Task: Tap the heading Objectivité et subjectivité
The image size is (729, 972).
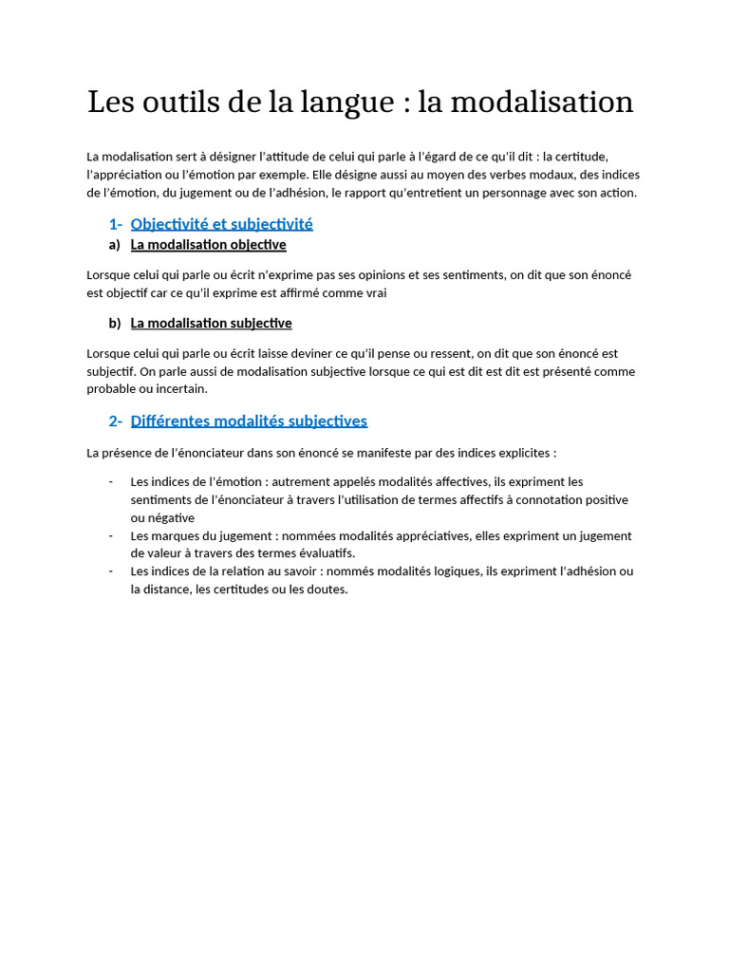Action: [x=221, y=224]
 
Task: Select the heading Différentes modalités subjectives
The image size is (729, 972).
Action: [x=249, y=421]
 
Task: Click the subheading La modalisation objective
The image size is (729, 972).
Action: [x=208, y=245]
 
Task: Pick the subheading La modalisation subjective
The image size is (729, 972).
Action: [x=211, y=323]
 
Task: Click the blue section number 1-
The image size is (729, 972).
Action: [x=115, y=224]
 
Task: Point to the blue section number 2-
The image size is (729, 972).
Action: [x=115, y=421]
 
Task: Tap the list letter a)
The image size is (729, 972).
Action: [x=115, y=245]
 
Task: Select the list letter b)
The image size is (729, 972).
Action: [x=115, y=323]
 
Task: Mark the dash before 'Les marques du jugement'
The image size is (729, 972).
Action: [x=111, y=535]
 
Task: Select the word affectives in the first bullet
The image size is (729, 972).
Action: [x=459, y=481]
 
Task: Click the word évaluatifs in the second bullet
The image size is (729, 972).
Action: [x=323, y=553]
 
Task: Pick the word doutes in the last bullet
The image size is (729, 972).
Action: [x=328, y=589]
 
